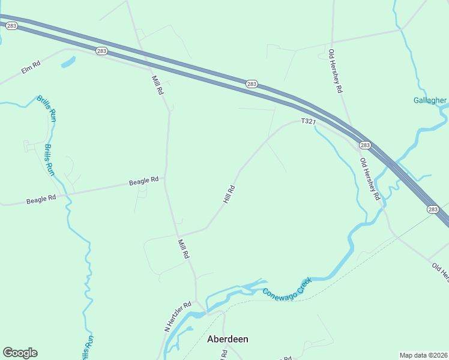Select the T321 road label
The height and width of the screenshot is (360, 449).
[308, 121]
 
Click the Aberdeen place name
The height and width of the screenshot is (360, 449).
[228, 339]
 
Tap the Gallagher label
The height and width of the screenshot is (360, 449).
[430, 100]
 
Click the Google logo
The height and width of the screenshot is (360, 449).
[20, 353]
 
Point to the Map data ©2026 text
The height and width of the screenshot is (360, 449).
[423, 355]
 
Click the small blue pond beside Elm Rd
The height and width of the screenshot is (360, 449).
[68, 61]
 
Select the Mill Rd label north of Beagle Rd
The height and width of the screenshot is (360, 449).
[158, 85]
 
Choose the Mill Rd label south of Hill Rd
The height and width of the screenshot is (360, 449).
[184, 248]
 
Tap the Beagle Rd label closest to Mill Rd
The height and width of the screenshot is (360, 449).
[144, 180]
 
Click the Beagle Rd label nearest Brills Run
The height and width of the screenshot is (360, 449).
[41, 199]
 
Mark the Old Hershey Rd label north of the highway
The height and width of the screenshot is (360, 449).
[335, 71]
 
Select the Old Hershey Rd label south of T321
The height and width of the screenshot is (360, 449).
[370, 179]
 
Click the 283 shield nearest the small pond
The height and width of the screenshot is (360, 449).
[101, 51]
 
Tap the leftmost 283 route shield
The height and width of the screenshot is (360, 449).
[12, 26]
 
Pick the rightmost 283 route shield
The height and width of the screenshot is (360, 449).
[433, 209]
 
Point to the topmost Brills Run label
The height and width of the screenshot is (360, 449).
[47, 109]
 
